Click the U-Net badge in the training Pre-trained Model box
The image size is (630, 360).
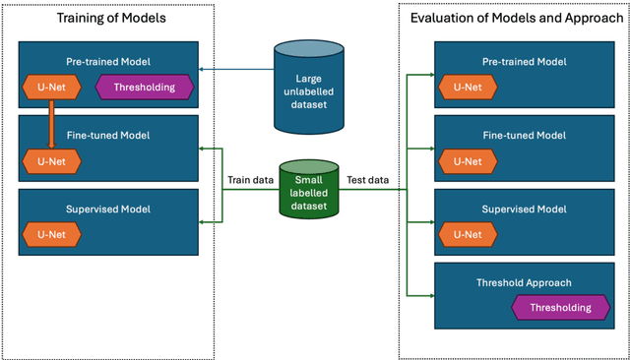pyautogui.click(x=51, y=88)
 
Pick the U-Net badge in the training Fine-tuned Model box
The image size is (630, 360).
pyautogui.click(x=51, y=161)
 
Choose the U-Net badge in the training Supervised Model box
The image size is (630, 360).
pyautogui.click(x=51, y=235)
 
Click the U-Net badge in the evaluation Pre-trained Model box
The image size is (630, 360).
pyautogui.click(x=469, y=88)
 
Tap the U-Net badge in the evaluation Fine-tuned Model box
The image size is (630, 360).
pyautogui.click(x=469, y=161)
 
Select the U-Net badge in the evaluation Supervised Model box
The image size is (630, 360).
pyautogui.click(x=469, y=234)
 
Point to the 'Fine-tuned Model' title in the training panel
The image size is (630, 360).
pyautogui.click(x=108, y=135)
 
